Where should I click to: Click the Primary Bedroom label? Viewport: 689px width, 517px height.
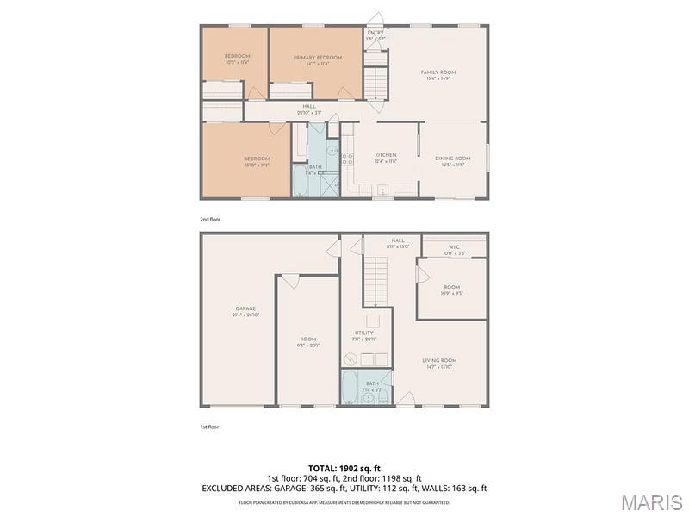318,58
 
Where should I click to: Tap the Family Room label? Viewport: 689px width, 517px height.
438,72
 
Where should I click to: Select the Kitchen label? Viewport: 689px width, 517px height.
385,155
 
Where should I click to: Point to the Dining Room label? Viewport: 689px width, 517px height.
452,158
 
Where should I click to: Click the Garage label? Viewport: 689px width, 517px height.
245,308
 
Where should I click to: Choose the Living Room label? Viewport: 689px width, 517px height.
439,360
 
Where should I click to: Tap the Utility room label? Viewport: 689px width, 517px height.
364,333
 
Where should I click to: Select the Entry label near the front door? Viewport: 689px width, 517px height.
375,33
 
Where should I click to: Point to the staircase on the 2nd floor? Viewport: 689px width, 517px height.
376,84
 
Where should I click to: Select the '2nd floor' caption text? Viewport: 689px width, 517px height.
211,219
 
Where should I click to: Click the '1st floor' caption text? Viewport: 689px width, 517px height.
210,425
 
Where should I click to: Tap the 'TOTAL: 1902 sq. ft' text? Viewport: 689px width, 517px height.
344,468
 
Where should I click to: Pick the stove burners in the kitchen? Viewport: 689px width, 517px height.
347,159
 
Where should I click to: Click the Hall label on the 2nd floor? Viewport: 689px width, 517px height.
308,106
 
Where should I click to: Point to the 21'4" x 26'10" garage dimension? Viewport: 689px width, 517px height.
245,315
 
